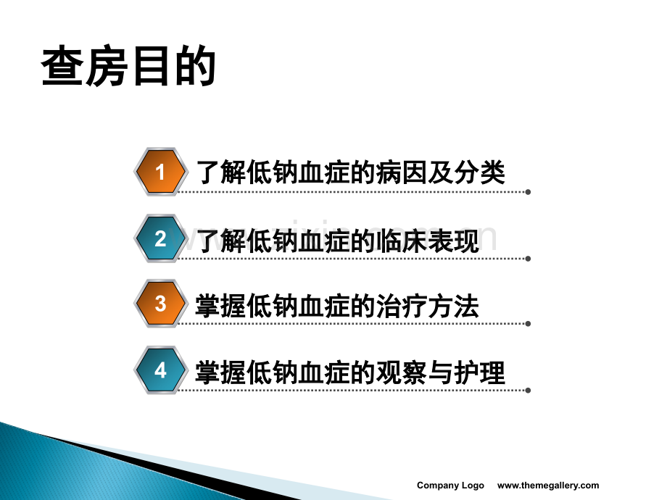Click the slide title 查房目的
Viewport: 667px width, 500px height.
128,66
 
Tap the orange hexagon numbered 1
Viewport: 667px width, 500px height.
160,172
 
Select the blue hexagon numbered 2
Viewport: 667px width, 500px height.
160,238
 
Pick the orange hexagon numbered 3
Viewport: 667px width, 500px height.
160,304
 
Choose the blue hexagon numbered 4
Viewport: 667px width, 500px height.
160,370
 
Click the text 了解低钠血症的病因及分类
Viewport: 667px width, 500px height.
350,172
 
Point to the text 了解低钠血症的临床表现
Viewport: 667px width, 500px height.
338,241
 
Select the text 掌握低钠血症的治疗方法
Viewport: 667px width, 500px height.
337,306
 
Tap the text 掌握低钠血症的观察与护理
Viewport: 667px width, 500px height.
350,372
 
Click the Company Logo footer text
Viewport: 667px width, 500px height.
450,485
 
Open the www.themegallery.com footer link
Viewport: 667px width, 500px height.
548,485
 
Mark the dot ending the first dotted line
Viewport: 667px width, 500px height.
528,192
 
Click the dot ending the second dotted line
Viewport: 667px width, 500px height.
528,259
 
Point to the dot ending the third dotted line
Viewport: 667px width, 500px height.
528,324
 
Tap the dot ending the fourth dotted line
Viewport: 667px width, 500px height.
528,391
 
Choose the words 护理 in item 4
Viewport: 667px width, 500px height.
479,372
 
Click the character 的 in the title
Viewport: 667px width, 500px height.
195,66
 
